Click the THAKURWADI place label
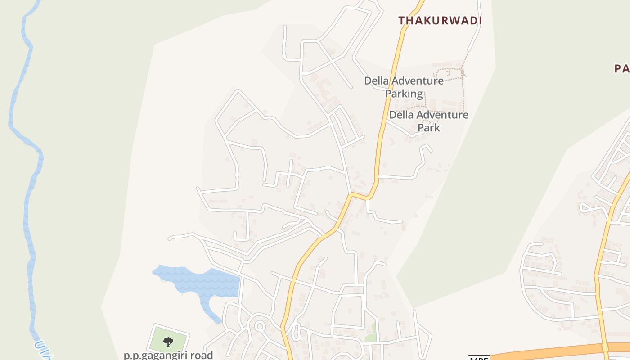click(x=440, y=20)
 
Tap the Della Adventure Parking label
click(x=404, y=87)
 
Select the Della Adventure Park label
click(x=428, y=121)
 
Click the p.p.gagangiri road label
click(x=168, y=355)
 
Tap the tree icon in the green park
click(x=168, y=342)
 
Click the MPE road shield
click(x=479, y=358)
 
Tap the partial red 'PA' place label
click(x=622, y=68)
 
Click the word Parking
click(x=404, y=94)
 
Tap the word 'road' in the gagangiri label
click(x=201, y=355)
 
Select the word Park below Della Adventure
click(x=428, y=127)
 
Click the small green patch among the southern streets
click(x=371, y=333)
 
